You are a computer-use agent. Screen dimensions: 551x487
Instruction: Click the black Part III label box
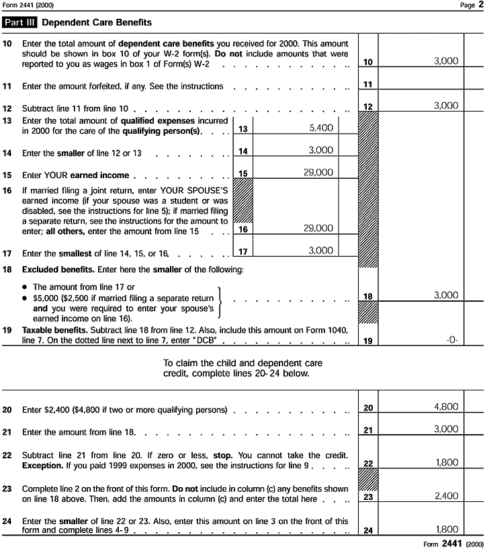[x=20, y=23]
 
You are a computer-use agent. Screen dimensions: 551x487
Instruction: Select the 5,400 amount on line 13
[x=320, y=127]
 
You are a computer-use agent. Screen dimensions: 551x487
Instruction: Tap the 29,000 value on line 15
[x=318, y=173]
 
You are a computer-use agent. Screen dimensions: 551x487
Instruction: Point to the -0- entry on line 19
[x=451, y=340]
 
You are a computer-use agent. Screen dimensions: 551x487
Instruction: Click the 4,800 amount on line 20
[x=446, y=407]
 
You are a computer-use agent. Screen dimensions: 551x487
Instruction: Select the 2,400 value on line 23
[x=446, y=496]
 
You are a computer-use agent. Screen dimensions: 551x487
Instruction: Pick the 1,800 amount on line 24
[x=446, y=529]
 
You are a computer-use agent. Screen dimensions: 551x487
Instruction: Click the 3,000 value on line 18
[x=446, y=295]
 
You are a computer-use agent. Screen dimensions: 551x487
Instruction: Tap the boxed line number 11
[x=368, y=85]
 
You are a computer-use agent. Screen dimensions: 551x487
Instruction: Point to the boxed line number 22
[x=368, y=464]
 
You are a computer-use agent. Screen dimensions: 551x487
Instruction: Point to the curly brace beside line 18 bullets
[x=220, y=302]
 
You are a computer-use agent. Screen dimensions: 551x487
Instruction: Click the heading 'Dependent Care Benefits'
[x=96, y=23]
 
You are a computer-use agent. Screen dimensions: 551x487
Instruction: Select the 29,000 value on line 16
[x=318, y=228]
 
